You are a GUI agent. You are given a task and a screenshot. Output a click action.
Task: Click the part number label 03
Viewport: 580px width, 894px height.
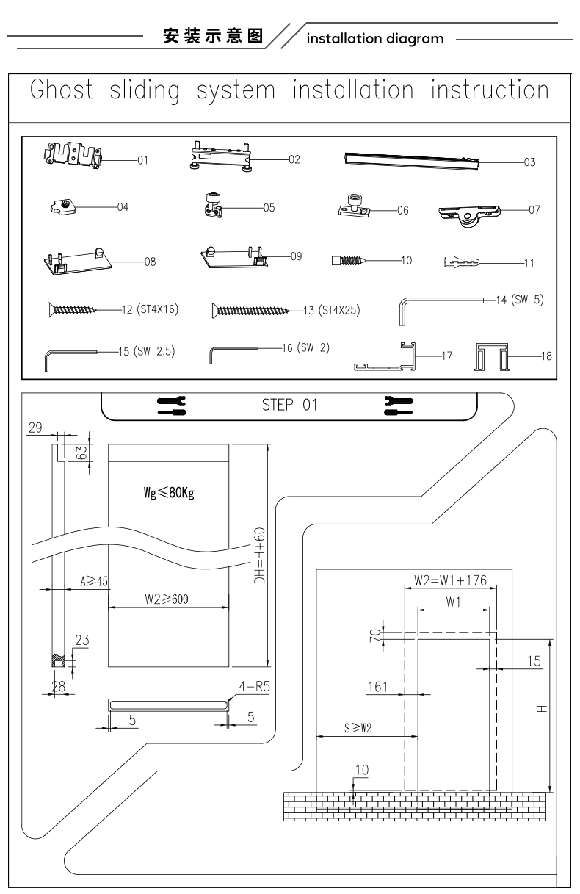(530, 162)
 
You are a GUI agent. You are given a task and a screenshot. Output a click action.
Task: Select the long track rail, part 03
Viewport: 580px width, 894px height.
(412, 162)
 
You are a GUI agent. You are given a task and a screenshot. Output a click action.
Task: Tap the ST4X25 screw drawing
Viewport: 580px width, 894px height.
(250, 310)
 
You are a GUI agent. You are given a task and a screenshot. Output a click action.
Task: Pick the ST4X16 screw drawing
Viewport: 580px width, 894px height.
(71, 309)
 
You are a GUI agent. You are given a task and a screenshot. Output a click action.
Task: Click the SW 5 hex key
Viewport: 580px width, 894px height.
(441, 311)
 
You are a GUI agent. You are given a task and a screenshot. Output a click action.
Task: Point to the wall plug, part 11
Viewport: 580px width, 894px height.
(462, 262)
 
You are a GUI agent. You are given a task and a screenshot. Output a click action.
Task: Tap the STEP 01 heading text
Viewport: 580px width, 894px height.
(289, 405)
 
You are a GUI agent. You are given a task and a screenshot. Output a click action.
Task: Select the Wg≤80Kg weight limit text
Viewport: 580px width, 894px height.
(169, 493)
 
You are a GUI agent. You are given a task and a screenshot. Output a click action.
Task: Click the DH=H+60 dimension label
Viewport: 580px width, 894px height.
(260, 555)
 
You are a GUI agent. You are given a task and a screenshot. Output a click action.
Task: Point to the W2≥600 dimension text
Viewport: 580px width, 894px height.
(167, 599)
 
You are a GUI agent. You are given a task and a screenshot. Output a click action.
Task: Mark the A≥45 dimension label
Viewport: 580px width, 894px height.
(94, 581)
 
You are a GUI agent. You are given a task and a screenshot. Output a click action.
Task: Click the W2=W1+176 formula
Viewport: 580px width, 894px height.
(450, 580)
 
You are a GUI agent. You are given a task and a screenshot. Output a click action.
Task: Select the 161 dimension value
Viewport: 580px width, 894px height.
(377, 687)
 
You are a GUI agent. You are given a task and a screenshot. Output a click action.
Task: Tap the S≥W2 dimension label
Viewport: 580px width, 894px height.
(358, 728)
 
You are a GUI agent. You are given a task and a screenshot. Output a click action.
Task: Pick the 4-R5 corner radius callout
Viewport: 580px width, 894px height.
(255, 686)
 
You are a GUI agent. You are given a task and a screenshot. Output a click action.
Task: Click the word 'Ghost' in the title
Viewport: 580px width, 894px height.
(62, 90)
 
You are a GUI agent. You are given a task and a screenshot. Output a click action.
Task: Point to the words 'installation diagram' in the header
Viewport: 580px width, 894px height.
(375, 39)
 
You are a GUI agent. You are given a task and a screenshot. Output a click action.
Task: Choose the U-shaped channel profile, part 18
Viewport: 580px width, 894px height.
(491, 356)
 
